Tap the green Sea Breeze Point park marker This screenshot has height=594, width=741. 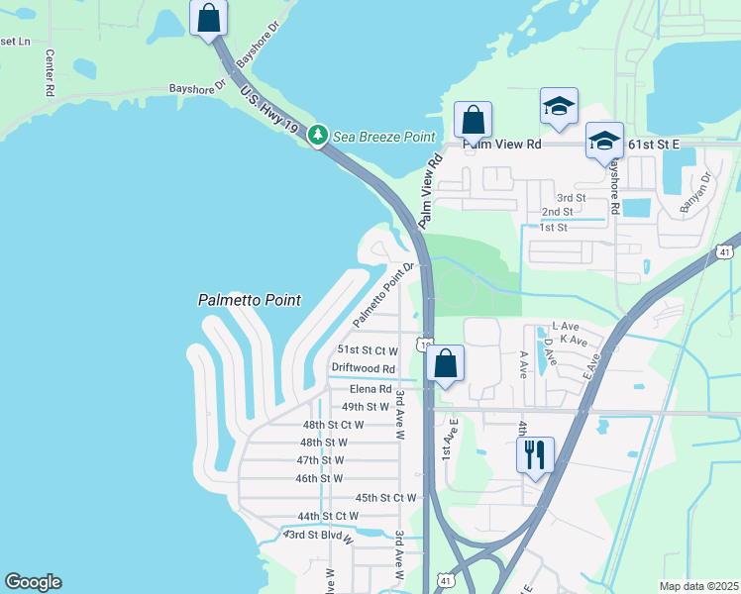click(318, 136)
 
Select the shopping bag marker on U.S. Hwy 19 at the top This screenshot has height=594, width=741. click(209, 18)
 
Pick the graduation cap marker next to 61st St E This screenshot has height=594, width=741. click(603, 141)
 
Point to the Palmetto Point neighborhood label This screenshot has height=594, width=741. click(249, 300)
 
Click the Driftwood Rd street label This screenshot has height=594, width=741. click(363, 368)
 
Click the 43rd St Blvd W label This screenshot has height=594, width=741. click(318, 536)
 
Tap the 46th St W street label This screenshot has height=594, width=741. click(319, 478)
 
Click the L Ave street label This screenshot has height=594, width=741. click(565, 326)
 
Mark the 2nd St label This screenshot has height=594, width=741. click(557, 212)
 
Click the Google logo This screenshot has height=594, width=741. click(33, 582)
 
